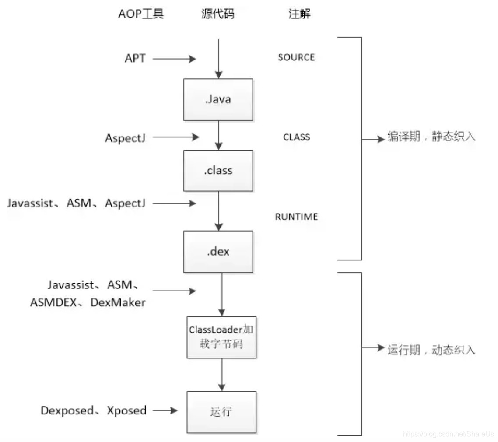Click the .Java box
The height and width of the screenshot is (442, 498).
(218, 99)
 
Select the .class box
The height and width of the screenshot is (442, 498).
(218, 170)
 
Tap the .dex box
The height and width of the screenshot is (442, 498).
(218, 252)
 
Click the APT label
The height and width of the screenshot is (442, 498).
(135, 58)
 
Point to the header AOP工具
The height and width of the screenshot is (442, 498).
(141, 14)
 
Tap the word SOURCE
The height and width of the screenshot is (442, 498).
(296, 58)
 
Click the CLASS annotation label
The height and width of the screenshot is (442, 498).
(296, 137)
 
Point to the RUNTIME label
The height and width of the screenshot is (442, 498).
(296, 217)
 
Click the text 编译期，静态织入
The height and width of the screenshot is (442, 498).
(431, 137)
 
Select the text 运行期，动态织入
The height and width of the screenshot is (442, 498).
(431, 350)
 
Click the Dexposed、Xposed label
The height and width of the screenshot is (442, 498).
(94, 410)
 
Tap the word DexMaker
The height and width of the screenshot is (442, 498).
(118, 302)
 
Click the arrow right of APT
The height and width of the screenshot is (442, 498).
(174, 58)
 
